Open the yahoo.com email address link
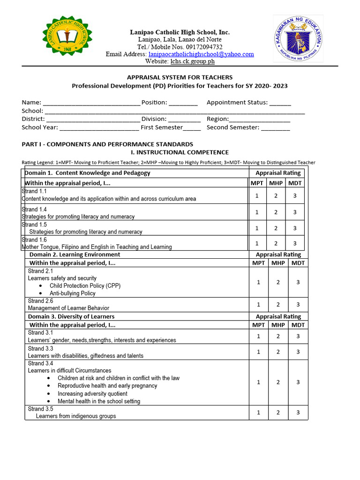click(x=201, y=54)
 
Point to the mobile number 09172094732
click(x=200, y=47)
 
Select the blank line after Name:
click(x=91, y=103)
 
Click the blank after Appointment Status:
click(x=280, y=103)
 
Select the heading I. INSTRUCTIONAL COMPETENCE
click(x=179, y=152)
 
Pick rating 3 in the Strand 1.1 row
click(x=295, y=195)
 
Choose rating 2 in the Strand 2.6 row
click(x=278, y=304)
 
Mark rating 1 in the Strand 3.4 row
click(x=259, y=382)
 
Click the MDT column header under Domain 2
click(x=298, y=263)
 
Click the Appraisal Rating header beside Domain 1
click(x=275, y=173)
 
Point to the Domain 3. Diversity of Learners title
click(x=71, y=317)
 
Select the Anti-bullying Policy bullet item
click(x=72, y=293)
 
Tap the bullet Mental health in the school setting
click(x=99, y=401)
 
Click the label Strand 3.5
click(x=40, y=409)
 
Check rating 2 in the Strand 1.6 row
click(x=276, y=243)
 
